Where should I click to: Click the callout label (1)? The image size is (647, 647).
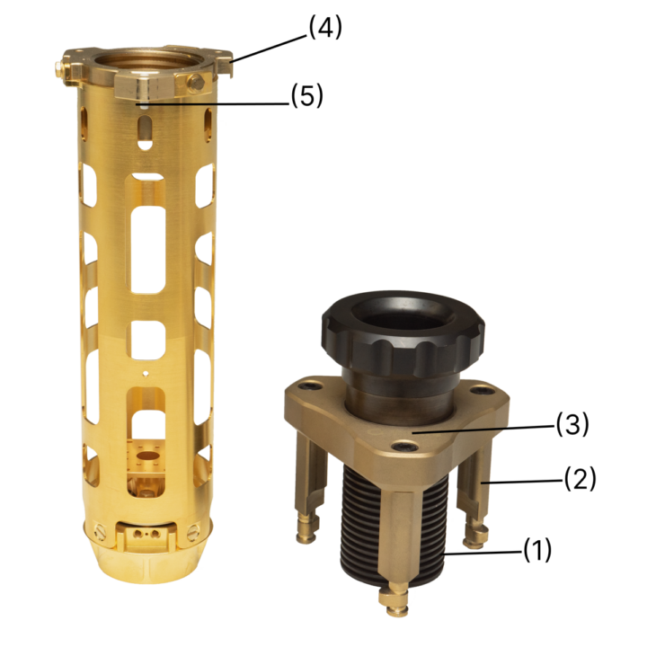coord(537,550)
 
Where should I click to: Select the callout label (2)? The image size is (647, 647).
coord(581,479)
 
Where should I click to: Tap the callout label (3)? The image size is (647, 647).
coord(572,424)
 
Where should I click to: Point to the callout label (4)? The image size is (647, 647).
coord(325,28)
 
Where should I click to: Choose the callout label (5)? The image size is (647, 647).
coord(307,96)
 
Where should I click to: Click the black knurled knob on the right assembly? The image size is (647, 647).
coord(403,332)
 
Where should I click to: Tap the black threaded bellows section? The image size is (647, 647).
coord(394,524)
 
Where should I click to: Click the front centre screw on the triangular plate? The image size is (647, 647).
coord(403,446)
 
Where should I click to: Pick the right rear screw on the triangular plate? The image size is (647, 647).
coord(480,390)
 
